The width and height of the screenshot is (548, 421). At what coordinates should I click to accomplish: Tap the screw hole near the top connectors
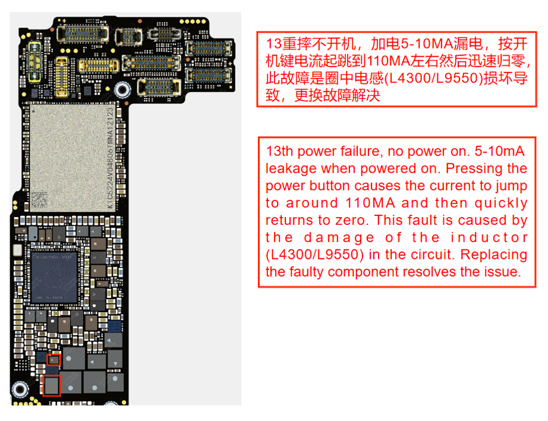pos(122,90)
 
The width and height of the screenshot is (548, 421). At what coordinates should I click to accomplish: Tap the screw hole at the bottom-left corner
pos(20,389)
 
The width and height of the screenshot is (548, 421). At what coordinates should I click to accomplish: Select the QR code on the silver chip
pos(39,200)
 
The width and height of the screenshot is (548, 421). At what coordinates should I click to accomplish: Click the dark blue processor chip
pos(54,277)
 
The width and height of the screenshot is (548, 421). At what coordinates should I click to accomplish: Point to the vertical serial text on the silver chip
pos(110,158)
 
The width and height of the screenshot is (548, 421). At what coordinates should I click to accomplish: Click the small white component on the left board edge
pos(17,250)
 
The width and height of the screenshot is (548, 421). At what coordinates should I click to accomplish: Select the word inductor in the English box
pos(489,237)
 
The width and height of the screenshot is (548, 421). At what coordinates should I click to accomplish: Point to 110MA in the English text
pos(370,203)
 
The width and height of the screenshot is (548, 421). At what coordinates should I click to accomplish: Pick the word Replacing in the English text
pos(494,255)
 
